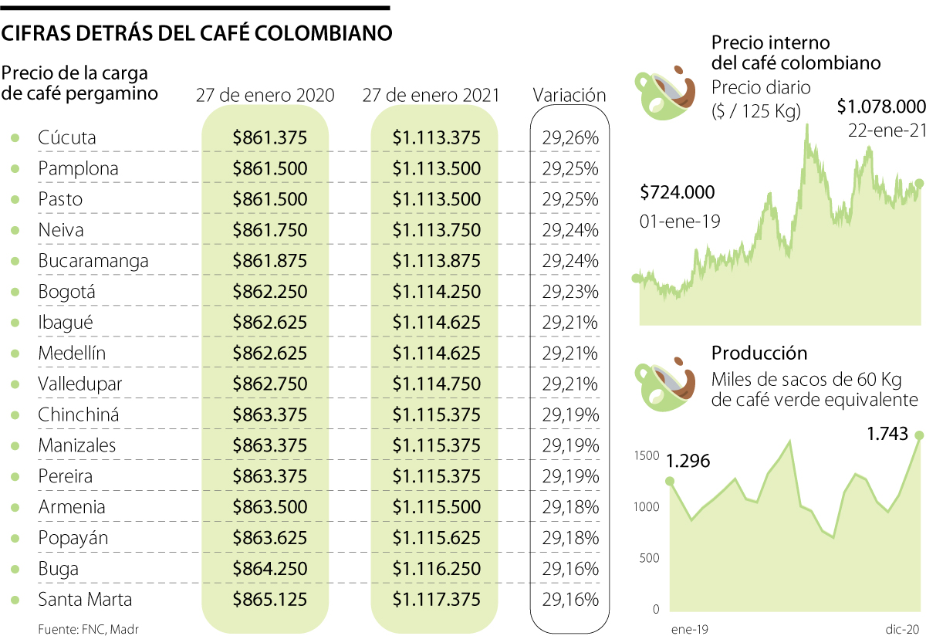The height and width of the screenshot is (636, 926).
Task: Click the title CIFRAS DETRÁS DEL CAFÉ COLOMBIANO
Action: tap(198, 34)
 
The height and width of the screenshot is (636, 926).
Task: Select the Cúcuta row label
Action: tap(67, 138)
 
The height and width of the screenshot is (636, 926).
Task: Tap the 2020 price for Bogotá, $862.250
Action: tap(269, 292)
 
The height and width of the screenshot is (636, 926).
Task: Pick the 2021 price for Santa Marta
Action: tap(436, 600)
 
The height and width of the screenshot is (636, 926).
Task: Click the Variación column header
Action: tap(569, 95)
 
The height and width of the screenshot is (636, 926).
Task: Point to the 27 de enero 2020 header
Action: tap(265, 96)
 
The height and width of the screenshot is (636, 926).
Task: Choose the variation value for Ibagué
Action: tap(570, 323)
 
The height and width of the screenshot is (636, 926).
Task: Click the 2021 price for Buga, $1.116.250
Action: tap(436, 569)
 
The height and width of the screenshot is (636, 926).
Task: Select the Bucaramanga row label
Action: tap(93, 261)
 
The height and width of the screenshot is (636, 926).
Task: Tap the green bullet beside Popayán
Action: tap(15, 538)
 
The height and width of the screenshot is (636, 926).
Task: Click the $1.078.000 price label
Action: tap(881, 106)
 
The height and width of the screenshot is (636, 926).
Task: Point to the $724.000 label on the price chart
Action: tap(678, 192)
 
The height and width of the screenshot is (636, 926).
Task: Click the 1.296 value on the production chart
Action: tap(688, 462)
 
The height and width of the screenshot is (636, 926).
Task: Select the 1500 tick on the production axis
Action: tap(647, 455)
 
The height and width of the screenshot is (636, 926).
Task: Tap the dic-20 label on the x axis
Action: tap(901, 629)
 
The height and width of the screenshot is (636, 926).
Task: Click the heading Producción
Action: tap(759, 354)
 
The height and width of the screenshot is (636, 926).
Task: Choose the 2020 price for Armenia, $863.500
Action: tap(269, 507)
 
